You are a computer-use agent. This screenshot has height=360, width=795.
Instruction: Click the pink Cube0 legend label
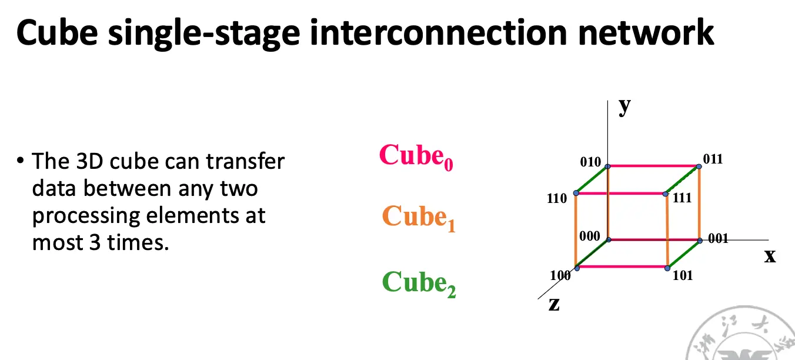coord(416,156)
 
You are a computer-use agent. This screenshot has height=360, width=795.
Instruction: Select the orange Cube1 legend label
coord(419,218)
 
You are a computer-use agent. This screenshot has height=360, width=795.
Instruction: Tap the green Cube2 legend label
coord(419,284)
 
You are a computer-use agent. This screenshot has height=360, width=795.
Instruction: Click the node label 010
coord(590,162)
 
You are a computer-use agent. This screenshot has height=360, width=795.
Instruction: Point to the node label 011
coord(713,159)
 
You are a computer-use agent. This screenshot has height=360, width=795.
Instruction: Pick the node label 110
coord(557,198)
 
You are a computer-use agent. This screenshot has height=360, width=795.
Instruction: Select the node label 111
coord(682,198)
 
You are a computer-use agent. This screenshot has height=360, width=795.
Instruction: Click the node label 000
coord(590,236)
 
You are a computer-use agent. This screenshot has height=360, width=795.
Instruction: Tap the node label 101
coord(683,275)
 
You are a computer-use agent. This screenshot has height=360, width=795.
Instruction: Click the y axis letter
coord(624,106)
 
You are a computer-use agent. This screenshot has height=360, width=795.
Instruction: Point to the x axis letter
coord(770,256)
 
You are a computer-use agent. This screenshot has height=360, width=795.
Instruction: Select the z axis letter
coord(554,304)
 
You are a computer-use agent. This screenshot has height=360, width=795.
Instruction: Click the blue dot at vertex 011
coord(699,166)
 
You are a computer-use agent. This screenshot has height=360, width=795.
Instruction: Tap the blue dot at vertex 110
coord(576,193)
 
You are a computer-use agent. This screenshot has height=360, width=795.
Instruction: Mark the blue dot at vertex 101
coord(667,268)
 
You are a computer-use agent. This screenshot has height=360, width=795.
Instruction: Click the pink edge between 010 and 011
coord(653,166)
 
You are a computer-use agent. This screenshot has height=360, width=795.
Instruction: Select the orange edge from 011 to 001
coord(699,204)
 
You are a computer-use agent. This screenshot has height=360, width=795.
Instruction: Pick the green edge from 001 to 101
coord(683,254)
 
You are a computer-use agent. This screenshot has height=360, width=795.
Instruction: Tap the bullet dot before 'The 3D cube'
coord(20,161)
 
